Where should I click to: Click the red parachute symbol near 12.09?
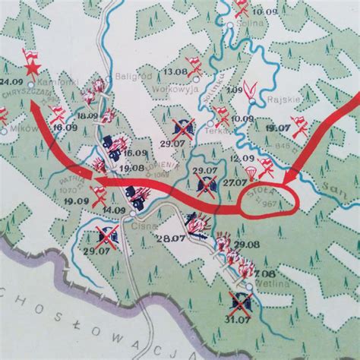pyautogui.click(x=266, y=162)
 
